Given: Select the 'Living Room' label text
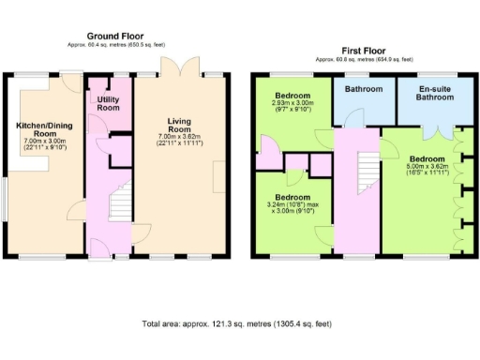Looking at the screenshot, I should (179, 126).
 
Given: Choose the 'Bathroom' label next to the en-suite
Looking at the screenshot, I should (363, 90).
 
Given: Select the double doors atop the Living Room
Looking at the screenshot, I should (180, 67).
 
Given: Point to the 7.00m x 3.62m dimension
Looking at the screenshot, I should (179, 138).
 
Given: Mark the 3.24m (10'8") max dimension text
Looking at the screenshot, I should (292, 203).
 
